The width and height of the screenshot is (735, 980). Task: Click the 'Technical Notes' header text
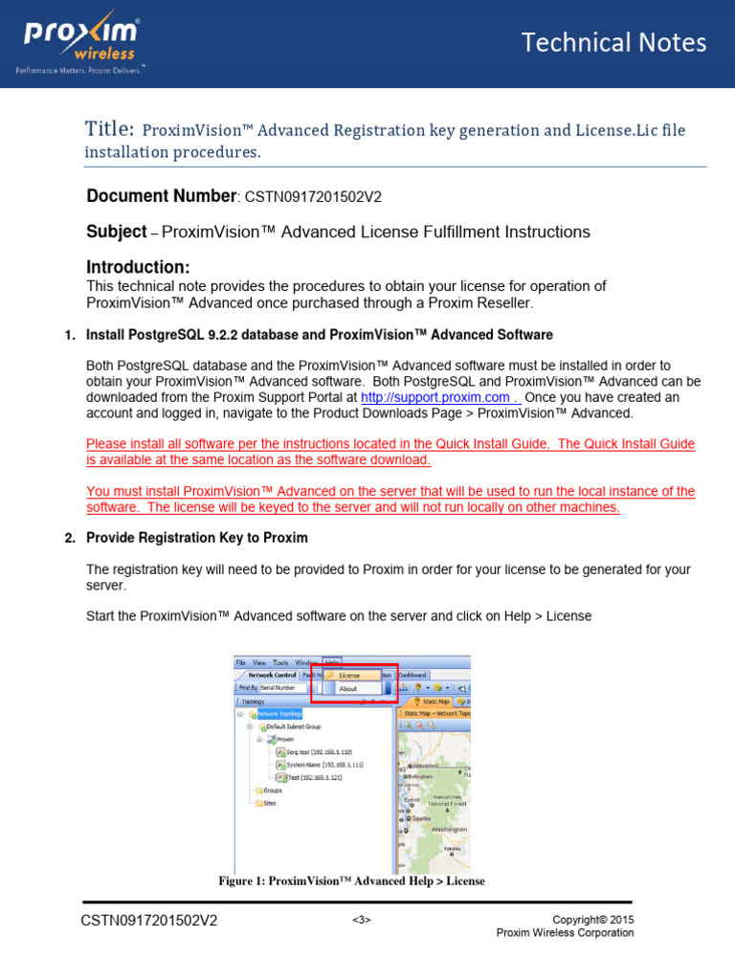pos(613,42)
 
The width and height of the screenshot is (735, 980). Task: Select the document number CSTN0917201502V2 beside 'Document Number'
pos(313,197)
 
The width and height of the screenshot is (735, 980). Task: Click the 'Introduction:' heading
pos(138,266)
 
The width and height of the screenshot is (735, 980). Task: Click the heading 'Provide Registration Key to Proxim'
pos(196,538)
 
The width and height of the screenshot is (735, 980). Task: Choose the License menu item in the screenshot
pos(349,675)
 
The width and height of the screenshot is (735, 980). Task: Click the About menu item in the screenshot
pos(347,688)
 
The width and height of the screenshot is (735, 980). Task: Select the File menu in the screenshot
pos(241,662)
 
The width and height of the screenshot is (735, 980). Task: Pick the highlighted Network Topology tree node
pos(280,714)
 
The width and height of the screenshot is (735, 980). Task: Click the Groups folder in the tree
pos(272,791)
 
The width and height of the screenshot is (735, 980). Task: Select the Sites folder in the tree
pos(269,803)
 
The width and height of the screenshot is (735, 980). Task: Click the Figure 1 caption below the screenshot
pos(351,880)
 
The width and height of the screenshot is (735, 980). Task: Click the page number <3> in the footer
pos(361,921)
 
